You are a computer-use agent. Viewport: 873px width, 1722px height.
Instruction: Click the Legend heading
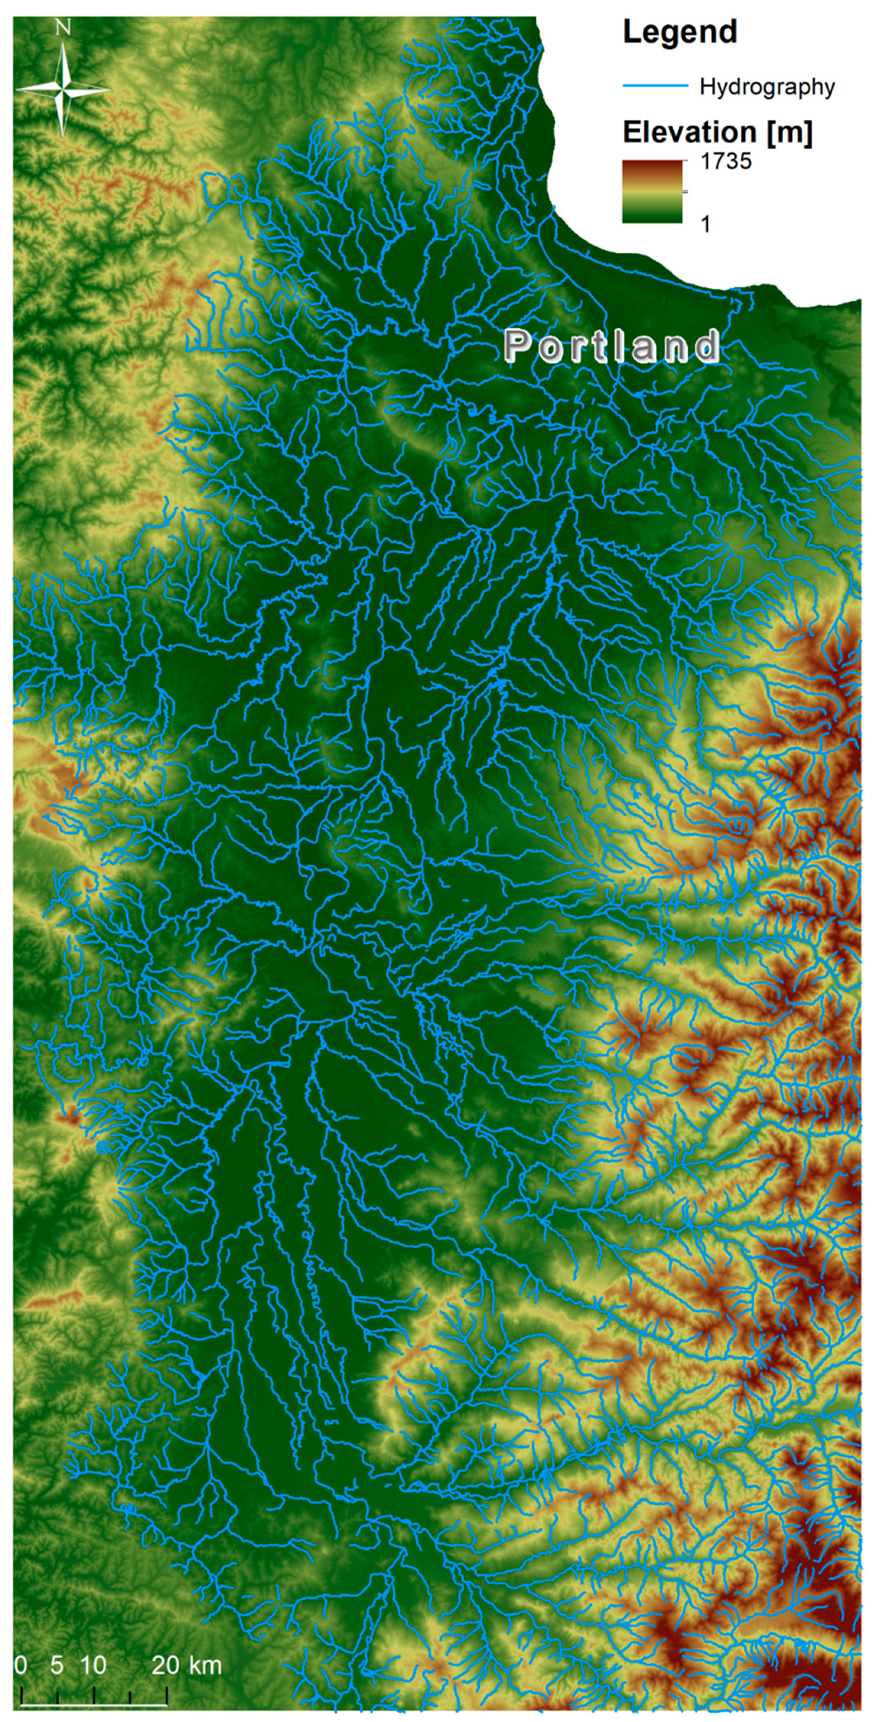point(680,32)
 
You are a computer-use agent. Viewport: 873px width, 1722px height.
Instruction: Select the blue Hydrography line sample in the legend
point(655,86)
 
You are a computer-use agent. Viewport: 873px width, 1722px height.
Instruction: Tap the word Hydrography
point(767,87)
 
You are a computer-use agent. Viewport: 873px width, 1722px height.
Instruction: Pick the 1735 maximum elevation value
point(725,161)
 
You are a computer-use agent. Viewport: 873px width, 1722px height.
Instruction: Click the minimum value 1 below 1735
point(705,224)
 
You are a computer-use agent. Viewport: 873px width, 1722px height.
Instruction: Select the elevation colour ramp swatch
point(652,192)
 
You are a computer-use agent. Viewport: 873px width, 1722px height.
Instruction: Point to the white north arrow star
point(63,89)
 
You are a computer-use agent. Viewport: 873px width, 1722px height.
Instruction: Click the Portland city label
point(612,346)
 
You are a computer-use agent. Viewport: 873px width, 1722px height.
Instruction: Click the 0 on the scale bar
point(21,1665)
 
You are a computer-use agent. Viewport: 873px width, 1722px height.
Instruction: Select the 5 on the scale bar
point(57,1665)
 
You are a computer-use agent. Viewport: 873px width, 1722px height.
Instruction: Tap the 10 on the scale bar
point(94,1665)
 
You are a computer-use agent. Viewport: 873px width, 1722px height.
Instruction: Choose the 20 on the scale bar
point(165,1665)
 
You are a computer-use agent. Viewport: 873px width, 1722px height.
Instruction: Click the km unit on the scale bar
point(204,1665)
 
